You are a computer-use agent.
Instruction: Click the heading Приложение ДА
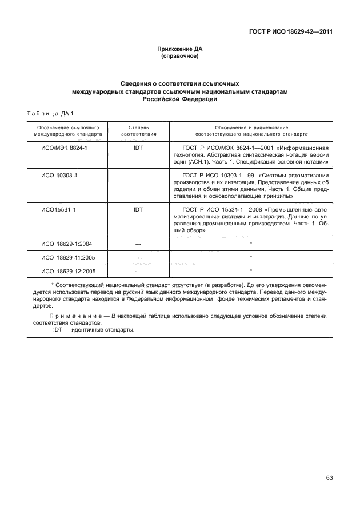pos(180,49)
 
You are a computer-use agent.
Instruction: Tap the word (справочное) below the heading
pos(180,57)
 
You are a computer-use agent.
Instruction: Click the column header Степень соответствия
pos(138,130)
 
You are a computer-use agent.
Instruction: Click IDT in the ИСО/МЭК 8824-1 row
pos(138,148)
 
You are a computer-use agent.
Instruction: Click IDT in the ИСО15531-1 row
pos(138,210)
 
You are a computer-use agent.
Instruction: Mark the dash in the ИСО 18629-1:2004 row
pos(138,244)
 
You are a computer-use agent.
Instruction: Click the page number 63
pos(329,478)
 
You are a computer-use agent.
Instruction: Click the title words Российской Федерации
pos(180,99)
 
